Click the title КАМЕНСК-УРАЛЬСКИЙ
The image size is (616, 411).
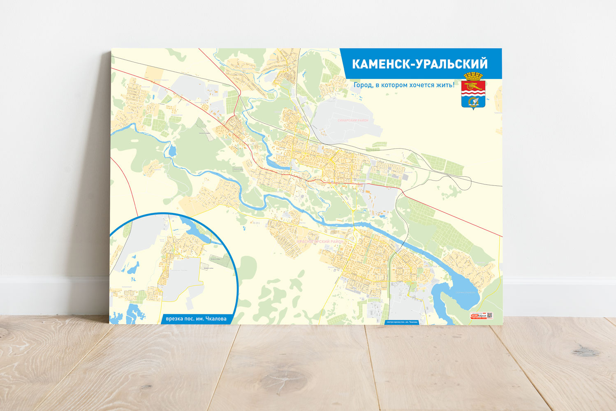click(x=420, y=64)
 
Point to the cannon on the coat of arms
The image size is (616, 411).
click(x=473, y=87)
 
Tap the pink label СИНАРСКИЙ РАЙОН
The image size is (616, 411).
click(x=353, y=120)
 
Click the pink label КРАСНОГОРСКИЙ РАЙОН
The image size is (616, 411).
click(x=320, y=242)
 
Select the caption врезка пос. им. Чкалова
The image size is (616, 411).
click(x=196, y=319)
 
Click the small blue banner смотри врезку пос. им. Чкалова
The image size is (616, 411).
click(x=402, y=322)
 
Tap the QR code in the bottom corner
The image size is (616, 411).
click(x=489, y=316)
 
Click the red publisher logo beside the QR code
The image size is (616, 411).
click(x=478, y=316)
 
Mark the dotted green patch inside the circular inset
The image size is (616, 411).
click(x=218, y=261)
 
